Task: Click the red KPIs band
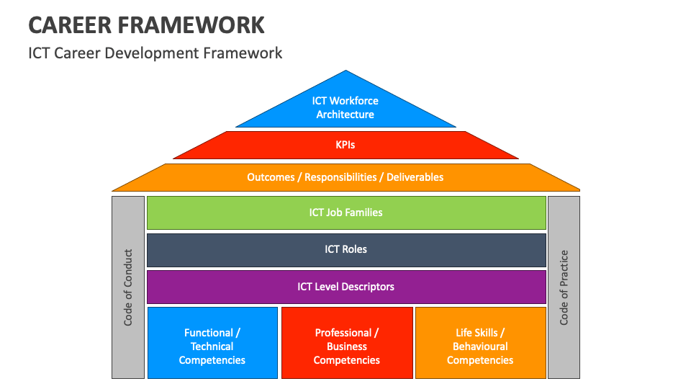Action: [345, 145]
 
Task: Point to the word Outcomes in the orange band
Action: [271, 177]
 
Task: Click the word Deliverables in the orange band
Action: [415, 177]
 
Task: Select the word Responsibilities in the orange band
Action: [340, 177]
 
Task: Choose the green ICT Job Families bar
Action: [346, 213]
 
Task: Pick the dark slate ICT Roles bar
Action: [346, 250]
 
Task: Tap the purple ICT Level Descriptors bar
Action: [346, 287]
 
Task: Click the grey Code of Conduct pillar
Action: [128, 287]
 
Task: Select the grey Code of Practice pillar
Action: [564, 287]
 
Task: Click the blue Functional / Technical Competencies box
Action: [212, 343]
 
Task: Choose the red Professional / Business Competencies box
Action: [347, 343]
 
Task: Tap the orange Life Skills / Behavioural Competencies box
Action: [481, 343]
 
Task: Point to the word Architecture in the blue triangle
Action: [345, 115]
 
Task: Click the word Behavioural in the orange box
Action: [480, 346]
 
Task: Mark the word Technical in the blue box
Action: [212, 346]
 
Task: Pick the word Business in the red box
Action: [347, 346]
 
